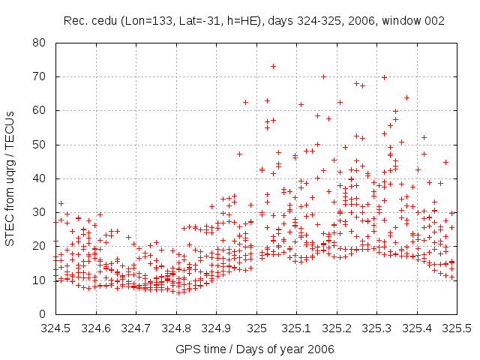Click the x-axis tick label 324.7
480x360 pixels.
(x=136, y=328)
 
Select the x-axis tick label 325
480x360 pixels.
(x=256, y=328)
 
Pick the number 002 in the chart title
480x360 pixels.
(x=433, y=20)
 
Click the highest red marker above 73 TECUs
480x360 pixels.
(x=273, y=66)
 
